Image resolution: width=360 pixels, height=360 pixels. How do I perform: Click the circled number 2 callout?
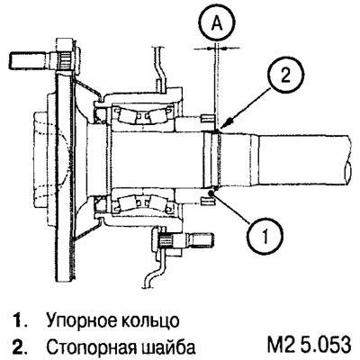coord(285,76)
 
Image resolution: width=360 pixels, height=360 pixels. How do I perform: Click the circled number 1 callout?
coord(265,234)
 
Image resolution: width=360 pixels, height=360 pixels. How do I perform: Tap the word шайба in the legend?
coord(167,346)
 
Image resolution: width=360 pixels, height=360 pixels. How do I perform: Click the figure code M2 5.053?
coord(309,346)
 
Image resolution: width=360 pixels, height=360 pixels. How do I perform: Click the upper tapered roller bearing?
coord(143,115)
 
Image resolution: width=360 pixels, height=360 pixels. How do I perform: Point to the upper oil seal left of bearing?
coord(100,116)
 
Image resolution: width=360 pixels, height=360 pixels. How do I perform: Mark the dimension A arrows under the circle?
coord(217,48)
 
